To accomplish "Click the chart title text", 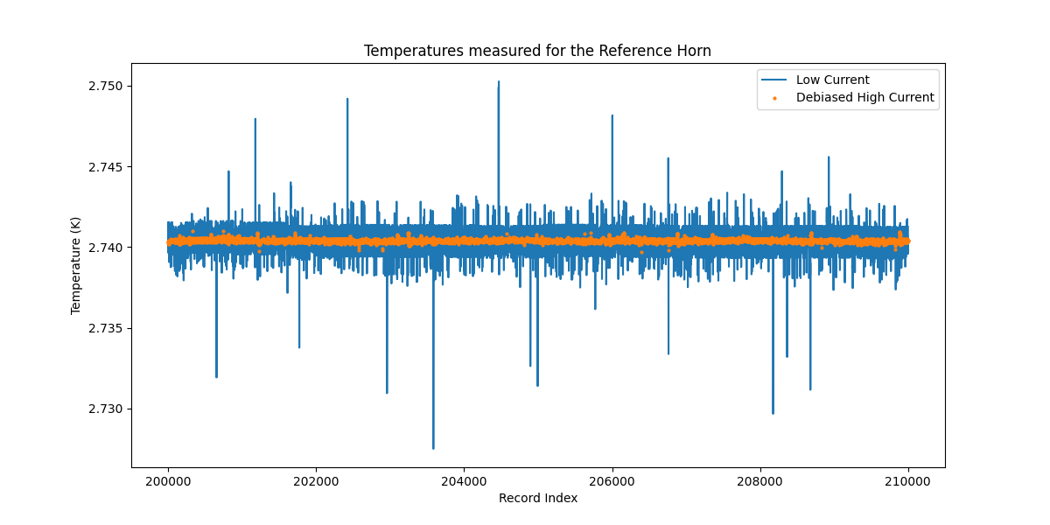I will [x=537, y=51].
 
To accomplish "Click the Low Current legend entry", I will [x=832, y=80].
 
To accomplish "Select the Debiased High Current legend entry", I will [x=864, y=98].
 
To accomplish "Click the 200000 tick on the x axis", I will [x=168, y=480].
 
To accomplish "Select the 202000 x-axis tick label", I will [x=316, y=480].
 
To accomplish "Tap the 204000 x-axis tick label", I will [x=464, y=480].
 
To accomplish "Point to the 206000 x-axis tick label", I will [x=612, y=480].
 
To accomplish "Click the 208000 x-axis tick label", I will [x=760, y=480].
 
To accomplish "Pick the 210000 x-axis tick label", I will [x=908, y=480].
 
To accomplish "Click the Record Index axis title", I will [x=537, y=499].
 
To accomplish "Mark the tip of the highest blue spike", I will [x=499, y=82].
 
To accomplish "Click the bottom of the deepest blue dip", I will [x=433, y=448].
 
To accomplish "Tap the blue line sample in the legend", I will [x=774, y=80].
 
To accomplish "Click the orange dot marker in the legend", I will [x=774, y=98].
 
